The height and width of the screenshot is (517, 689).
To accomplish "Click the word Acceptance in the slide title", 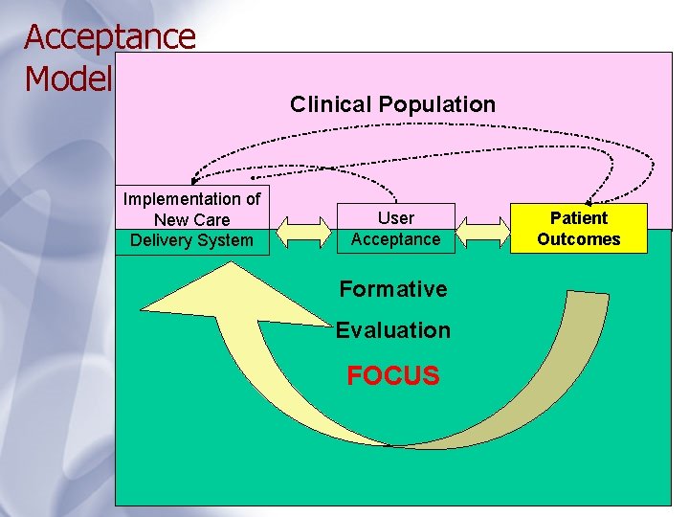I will coord(110,36).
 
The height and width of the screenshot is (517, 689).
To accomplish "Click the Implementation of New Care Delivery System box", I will coord(191,220).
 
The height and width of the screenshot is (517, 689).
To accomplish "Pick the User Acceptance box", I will coord(395,229).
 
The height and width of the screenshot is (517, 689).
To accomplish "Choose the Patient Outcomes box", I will coord(578,229).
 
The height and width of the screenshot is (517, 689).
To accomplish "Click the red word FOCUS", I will coord(393,375).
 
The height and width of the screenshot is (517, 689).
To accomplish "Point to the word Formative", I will coord(393,289).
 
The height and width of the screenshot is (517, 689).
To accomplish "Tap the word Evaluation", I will coord(393,330).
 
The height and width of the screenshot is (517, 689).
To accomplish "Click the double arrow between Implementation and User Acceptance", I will coord(303,230).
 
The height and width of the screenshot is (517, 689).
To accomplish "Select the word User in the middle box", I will coord(395,218).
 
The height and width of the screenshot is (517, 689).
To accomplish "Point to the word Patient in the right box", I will coord(578,218).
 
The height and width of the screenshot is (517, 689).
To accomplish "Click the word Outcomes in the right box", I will coord(578,239).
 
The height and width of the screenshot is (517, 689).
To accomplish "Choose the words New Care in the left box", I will coord(191,220).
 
